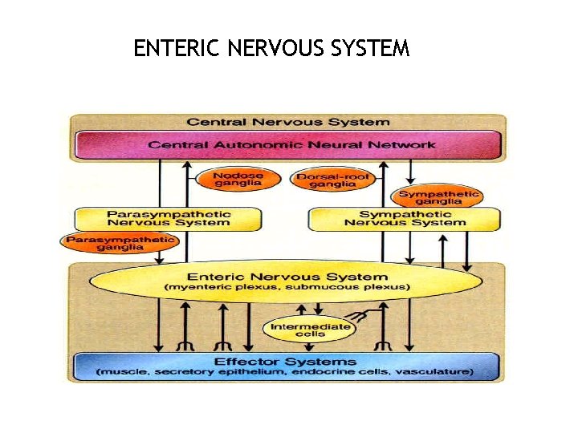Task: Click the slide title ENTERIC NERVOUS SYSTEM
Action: point(271,49)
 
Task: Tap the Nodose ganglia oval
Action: point(238,180)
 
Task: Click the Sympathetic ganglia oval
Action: point(438,197)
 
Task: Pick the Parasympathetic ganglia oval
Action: point(120,243)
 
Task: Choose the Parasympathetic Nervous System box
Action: point(169,218)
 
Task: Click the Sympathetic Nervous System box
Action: point(404,218)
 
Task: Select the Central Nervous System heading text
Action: point(288,122)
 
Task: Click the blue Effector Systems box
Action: point(287,366)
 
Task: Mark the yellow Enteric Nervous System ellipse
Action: point(287,281)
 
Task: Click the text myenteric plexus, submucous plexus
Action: point(287,287)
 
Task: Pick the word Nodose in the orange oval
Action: point(238,175)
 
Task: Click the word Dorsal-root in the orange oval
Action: point(326,175)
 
